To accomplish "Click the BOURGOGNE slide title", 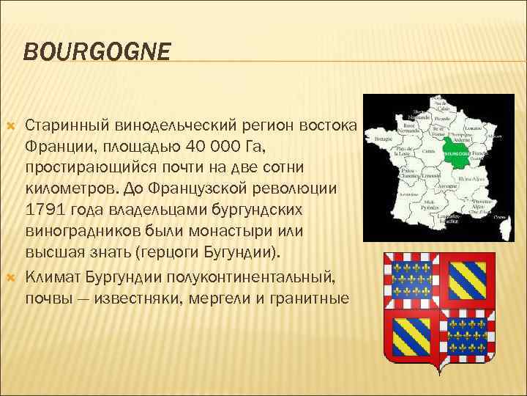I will click(97, 51).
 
